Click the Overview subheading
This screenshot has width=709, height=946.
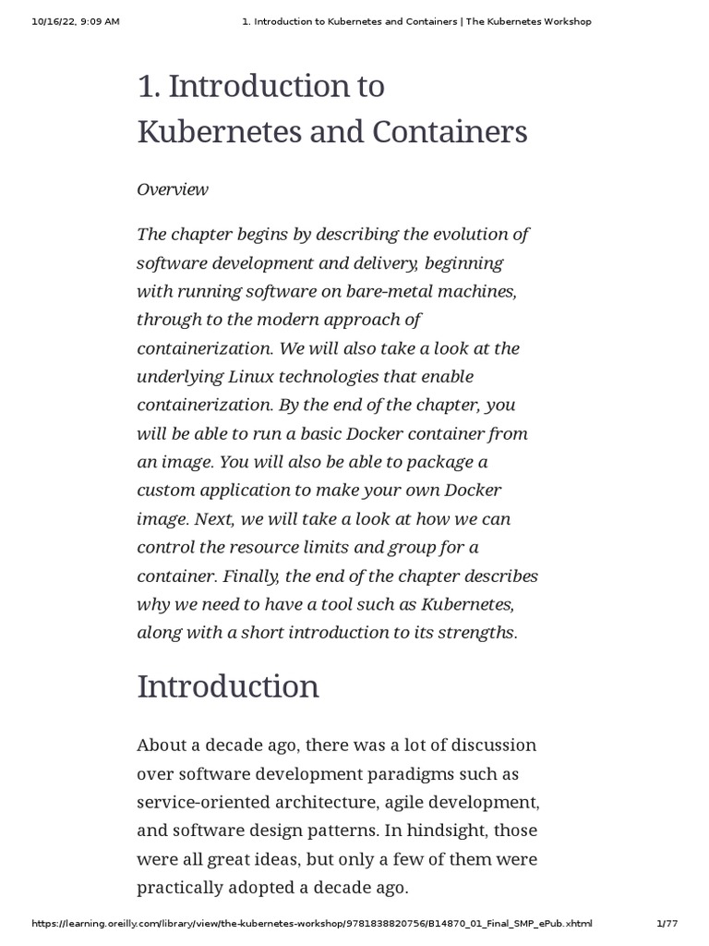[173, 189]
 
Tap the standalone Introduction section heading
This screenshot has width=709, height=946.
[228, 686]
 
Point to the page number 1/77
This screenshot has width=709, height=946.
[667, 924]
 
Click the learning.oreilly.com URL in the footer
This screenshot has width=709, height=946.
[312, 924]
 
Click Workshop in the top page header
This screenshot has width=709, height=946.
[564, 21]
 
